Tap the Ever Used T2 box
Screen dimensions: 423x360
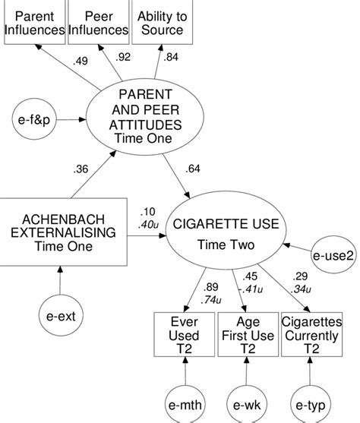click(x=185, y=335)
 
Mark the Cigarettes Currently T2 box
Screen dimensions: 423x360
click(x=311, y=335)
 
